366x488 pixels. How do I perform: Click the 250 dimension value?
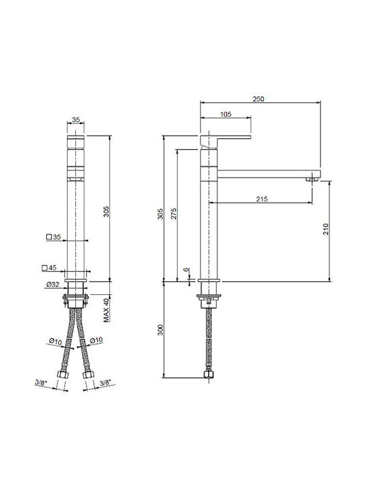coord(258,99)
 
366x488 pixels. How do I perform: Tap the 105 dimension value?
coord(226,115)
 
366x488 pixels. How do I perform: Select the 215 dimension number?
coord(262,199)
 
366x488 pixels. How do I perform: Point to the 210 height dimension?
coord(326,229)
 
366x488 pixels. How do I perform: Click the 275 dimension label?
coord(174,213)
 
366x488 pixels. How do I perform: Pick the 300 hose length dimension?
coord(160,330)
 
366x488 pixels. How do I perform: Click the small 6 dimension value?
coord(186,269)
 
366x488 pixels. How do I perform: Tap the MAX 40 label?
coord(107,310)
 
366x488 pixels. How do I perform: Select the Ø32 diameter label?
coord(53,284)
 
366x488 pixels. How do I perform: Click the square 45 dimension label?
coord(49,268)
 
